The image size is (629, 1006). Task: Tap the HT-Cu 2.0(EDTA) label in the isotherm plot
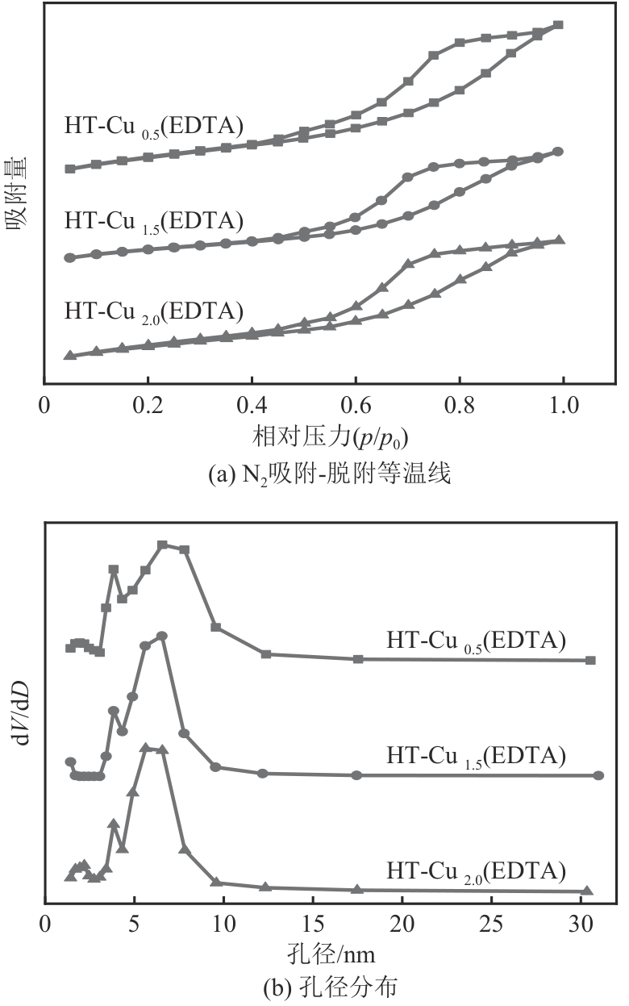154,310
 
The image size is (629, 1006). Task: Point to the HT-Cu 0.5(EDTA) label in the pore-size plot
476,641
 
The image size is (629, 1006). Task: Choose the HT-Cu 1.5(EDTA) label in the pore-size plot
476,756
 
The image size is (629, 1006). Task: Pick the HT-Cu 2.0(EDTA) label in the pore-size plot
476,871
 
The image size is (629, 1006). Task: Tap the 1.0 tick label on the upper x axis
563,404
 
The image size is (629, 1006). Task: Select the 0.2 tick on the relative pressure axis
148,404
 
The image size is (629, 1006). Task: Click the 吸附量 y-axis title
19,194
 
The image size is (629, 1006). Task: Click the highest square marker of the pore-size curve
162,545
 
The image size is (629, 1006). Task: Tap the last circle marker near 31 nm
598,775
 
